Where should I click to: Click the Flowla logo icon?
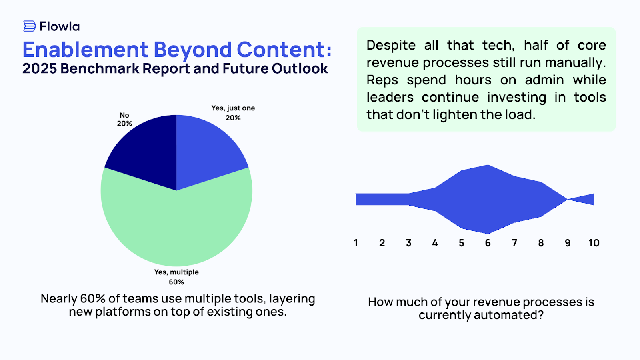30,26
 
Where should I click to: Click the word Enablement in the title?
85,50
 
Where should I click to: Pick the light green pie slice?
176,228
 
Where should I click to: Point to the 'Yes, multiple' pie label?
176,272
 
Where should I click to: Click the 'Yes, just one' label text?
233,108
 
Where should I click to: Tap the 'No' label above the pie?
124,116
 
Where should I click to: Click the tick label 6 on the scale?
488,243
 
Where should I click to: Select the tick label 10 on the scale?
594,243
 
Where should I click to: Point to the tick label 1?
356,243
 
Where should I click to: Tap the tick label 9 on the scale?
567,243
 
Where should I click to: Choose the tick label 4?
435,243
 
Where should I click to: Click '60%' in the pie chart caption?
92,299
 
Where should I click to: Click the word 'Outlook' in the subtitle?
300,69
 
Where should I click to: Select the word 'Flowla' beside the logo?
60,27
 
